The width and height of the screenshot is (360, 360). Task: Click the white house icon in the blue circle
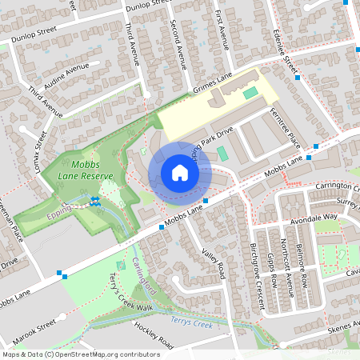(x=180, y=173)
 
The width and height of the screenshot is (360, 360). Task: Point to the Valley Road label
(x=214, y=263)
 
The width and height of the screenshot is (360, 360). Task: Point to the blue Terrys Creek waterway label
(x=193, y=321)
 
